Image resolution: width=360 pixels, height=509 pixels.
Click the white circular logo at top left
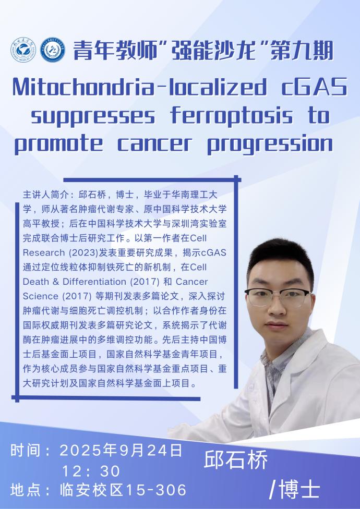point(23,50)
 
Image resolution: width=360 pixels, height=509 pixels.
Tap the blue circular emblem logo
point(53,50)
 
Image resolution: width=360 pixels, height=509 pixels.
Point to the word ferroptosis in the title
point(232,116)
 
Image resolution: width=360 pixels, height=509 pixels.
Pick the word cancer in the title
point(155,144)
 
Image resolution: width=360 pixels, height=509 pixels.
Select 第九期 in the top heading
point(302,51)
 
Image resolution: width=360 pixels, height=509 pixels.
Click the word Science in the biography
point(41,296)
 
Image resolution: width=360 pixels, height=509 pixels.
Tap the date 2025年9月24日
point(121,451)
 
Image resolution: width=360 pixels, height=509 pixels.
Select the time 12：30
point(91,471)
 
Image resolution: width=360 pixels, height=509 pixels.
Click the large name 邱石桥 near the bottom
point(236,459)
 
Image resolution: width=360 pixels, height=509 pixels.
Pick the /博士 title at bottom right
point(295,489)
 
